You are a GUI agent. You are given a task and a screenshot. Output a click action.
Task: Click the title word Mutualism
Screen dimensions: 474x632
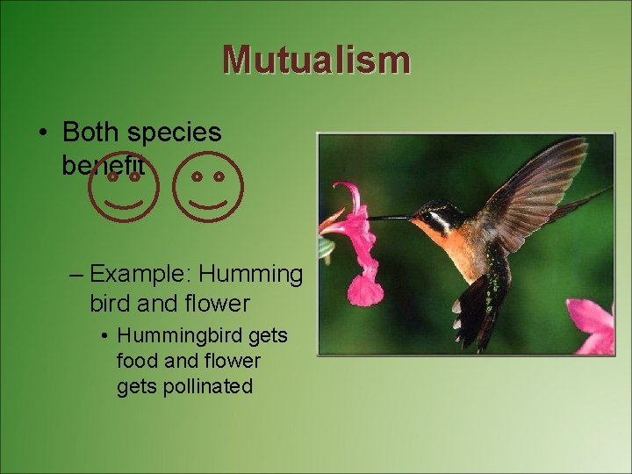click(316, 60)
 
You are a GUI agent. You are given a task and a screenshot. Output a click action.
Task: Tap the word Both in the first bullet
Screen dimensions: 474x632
click(91, 133)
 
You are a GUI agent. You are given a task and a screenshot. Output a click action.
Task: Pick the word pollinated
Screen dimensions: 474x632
click(207, 386)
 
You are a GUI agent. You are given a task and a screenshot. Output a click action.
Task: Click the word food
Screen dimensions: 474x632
click(135, 361)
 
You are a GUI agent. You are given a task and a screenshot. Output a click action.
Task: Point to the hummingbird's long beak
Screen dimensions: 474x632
click(390, 217)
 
